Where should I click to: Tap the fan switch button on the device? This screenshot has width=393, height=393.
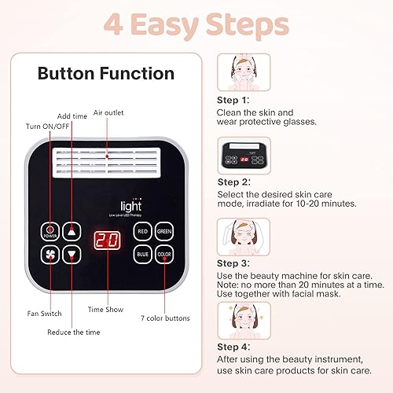(x=51, y=255)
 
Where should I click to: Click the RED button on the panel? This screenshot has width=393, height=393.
(x=142, y=231)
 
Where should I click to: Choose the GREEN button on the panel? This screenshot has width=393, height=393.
(x=163, y=231)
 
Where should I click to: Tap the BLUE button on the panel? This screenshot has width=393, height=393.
(x=142, y=255)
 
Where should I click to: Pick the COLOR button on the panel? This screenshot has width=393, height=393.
(x=163, y=255)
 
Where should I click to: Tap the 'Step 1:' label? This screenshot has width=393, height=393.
(x=233, y=101)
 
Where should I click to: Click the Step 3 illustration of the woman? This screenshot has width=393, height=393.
(x=244, y=237)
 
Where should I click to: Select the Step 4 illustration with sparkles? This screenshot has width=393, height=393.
(x=244, y=321)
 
